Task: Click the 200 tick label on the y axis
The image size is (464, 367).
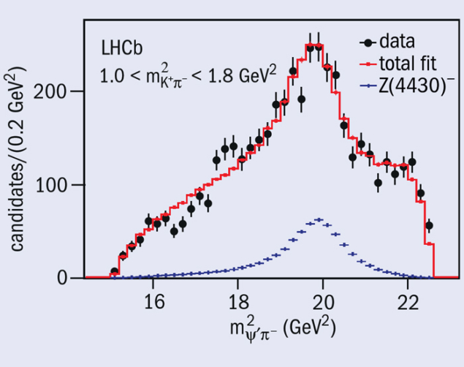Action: tap(55, 91)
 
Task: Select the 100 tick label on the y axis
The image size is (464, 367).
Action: tap(55, 185)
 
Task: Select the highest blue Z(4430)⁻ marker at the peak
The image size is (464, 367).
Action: tap(319, 219)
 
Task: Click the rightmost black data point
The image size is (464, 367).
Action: tap(428, 225)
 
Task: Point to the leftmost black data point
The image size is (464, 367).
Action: tap(114, 271)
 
